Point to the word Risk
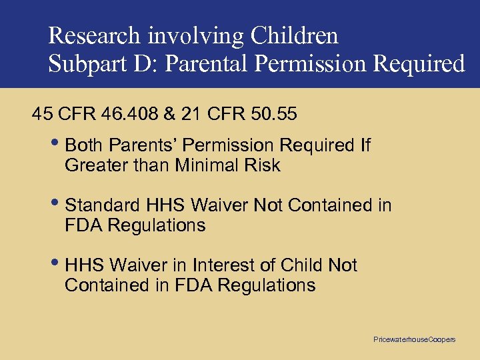(263, 165)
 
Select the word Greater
(92, 165)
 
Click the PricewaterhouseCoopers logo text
(414, 339)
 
